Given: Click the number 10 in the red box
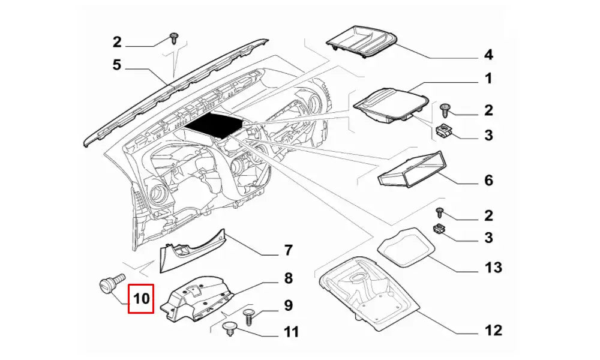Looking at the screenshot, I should (x=141, y=299).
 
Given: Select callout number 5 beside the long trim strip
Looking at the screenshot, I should (x=117, y=65).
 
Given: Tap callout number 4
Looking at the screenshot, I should (x=488, y=55).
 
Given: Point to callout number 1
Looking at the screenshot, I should (x=488, y=79).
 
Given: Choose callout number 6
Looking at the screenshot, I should (x=488, y=180).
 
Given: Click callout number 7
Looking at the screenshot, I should (x=287, y=250).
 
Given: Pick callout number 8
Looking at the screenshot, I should (x=288, y=278).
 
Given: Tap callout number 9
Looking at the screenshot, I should (x=288, y=305).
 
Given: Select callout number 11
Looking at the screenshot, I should (x=290, y=332).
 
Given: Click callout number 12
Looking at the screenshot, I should (x=494, y=329).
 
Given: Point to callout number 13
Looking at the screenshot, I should (x=493, y=267).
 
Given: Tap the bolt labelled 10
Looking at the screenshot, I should (x=112, y=285).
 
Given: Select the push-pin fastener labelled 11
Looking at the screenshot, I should (x=229, y=329).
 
